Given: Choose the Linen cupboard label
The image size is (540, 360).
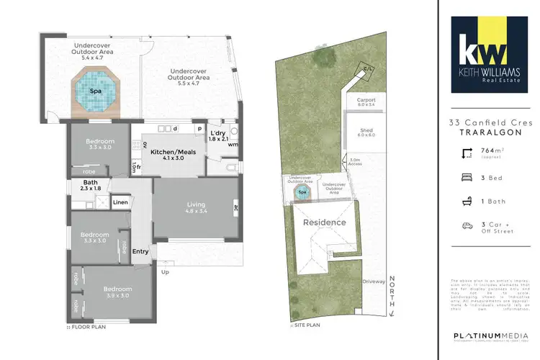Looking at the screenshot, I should pos(120,202).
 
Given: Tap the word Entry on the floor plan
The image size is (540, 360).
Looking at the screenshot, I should pos(140,251).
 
